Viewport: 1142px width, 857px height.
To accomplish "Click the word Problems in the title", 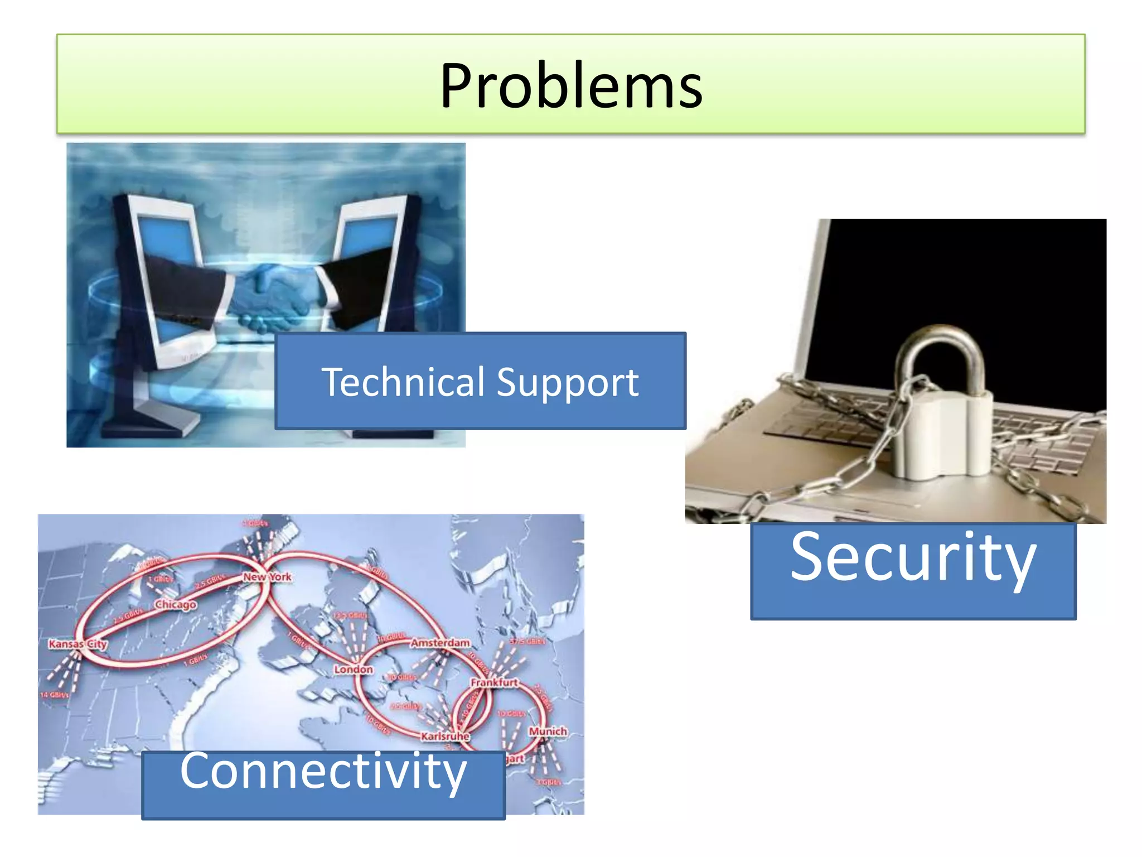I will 571,86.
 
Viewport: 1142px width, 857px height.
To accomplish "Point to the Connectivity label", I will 323,772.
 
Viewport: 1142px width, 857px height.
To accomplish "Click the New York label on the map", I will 267,577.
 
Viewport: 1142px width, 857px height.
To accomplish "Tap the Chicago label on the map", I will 176,605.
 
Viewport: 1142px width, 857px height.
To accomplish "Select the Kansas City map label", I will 78,644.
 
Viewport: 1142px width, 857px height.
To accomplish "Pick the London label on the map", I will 353,670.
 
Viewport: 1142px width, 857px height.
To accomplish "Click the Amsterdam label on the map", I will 441,643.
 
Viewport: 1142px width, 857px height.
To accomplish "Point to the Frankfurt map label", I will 494,682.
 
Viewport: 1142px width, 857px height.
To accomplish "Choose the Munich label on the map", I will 548,731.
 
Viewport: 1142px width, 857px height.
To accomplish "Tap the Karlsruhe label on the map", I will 445,736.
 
